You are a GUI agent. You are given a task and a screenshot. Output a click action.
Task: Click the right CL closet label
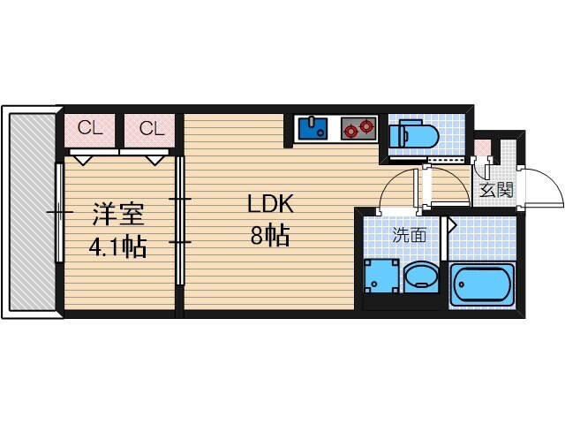(152, 128)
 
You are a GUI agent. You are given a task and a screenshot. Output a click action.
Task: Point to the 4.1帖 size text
(117, 246)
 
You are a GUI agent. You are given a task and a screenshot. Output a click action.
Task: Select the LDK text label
(270, 204)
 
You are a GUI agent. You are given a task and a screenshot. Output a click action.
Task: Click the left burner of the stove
(350, 130)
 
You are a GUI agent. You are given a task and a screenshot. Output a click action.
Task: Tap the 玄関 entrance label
(496, 189)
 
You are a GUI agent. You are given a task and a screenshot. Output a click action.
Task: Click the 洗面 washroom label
(410, 235)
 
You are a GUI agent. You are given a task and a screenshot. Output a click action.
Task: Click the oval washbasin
(421, 277)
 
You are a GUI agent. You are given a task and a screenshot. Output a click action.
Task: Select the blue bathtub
(481, 284)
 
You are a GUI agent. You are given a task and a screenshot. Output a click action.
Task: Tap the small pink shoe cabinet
(482, 147)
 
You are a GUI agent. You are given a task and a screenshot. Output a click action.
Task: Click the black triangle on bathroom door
(450, 225)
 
